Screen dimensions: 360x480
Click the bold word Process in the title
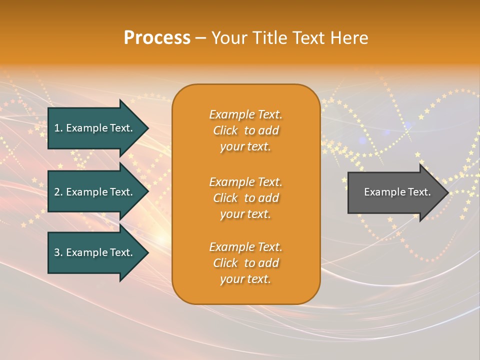(157, 38)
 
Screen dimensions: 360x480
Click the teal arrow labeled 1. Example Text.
(95, 128)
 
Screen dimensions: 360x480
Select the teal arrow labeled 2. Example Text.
(95, 192)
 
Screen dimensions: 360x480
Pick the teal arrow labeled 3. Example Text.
(95, 252)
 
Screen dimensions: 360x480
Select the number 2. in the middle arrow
(58, 192)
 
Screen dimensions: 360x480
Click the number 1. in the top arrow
(58, 128)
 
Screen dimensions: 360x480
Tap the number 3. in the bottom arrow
(58, 252)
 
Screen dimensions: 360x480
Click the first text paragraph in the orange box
(245, 130)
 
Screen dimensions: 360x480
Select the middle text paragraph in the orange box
(245, 198)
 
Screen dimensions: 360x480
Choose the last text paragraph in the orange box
(245, 263)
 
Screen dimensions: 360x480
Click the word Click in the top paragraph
(225, 130)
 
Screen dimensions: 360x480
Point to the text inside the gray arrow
(397, 192)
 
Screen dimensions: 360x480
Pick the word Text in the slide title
(310, 38)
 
